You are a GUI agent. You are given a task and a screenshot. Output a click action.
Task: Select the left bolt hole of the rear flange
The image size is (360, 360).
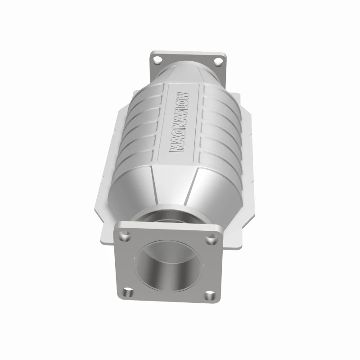click(x=157, y=59)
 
